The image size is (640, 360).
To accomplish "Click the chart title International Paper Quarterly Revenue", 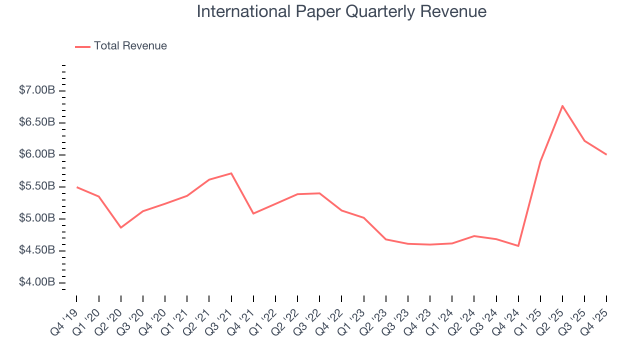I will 341,11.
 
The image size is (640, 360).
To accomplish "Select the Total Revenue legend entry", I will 130,46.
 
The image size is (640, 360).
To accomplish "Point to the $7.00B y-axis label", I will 37,90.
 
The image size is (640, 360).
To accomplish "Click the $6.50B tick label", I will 37,122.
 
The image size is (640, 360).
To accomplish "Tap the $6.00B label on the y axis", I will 37,154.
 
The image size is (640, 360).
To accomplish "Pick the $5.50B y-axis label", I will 37,186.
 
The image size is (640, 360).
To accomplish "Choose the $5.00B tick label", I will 37,218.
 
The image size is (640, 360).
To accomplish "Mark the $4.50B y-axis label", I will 37,250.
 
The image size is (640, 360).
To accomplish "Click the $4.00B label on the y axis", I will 37,282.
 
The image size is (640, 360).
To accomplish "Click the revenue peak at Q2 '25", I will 562,105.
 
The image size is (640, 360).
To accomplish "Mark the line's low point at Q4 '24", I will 518,246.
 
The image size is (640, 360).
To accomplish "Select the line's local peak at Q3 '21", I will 231,173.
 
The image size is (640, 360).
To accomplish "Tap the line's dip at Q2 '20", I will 120,227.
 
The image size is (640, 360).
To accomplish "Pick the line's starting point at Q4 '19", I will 76,187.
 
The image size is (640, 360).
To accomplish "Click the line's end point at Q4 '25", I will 606,154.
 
